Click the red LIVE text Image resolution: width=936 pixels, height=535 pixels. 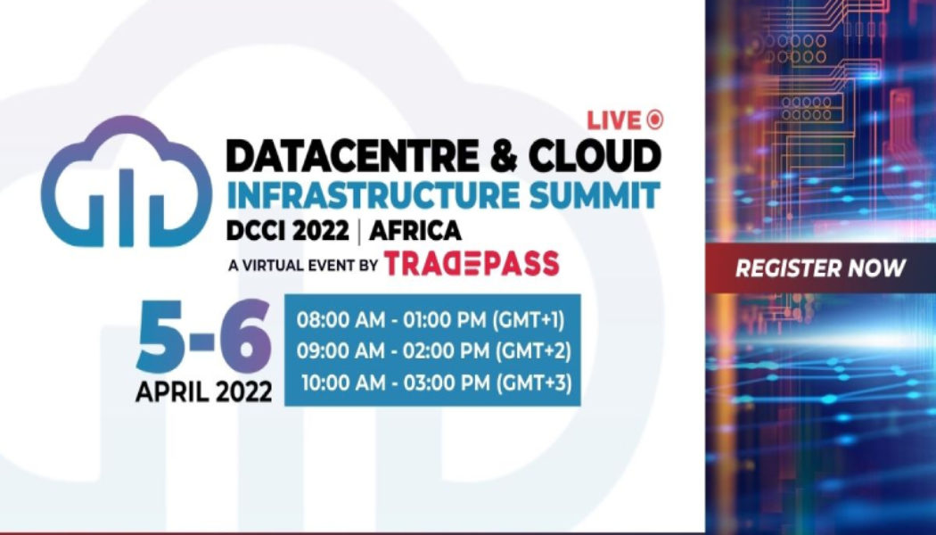613,120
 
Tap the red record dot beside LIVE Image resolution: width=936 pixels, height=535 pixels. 654,120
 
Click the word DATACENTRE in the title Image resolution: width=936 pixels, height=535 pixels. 352,156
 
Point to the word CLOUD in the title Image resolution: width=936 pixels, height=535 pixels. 595,156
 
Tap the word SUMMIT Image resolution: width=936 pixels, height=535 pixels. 595,195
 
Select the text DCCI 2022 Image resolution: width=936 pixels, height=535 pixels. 287,230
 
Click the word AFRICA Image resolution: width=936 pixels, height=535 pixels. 415,230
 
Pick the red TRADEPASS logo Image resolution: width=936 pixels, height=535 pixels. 471,263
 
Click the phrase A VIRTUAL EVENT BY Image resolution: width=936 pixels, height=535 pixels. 303,265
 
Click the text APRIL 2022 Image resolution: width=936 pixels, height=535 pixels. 203,392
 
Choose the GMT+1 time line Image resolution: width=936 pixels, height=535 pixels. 431,321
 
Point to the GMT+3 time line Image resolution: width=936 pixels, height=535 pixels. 437,383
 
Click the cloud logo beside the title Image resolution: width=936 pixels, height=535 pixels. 126,181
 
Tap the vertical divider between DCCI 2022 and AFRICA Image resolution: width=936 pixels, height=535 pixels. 358,231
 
